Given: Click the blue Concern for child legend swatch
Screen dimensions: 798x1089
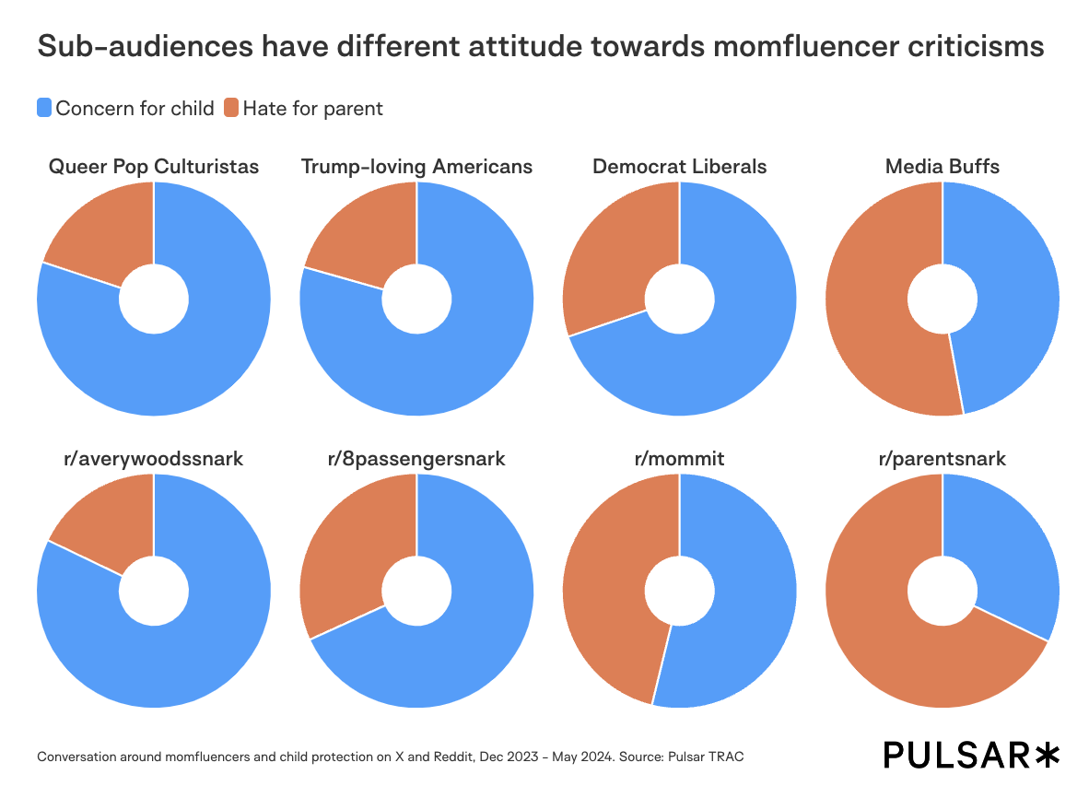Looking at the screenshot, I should tap(44, 108).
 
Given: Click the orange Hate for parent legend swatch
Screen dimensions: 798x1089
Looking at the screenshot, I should tap(231, 108).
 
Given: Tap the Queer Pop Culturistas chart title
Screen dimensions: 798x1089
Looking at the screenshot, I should tap(154, 167).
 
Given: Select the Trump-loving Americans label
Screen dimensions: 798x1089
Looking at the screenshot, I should tap(416, 167).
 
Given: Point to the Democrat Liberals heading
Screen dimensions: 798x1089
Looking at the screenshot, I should tap(679, 167).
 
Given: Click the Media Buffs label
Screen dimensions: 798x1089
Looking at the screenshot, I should tap(942, 167).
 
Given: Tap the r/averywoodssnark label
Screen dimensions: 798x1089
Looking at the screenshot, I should tap(154, 458).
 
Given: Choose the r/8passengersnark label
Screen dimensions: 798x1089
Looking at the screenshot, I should tap(416, 458).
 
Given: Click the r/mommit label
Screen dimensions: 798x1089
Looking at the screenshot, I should tap(679, 458).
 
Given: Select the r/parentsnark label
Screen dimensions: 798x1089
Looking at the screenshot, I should tap(942, 458).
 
